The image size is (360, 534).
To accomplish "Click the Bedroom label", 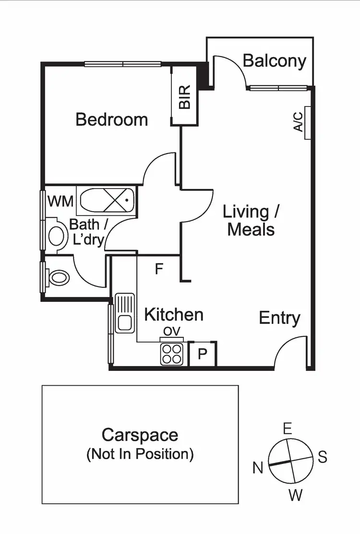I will point(111,119).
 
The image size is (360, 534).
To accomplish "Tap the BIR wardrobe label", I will point(185,97).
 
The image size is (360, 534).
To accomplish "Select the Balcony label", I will point(274,61).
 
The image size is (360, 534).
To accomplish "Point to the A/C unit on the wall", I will point(306,122).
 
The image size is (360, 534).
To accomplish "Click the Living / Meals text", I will point(251,220).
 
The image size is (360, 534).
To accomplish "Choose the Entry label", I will point(279,318).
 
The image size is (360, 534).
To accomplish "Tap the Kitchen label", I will point(174,315).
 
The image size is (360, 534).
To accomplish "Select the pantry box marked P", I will point(203,355).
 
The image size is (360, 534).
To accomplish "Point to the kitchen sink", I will point(124,313).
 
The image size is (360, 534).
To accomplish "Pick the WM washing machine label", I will point(60,201).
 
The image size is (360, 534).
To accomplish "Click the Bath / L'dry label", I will point(86,232).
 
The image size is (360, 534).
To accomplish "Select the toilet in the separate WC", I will point(59,277).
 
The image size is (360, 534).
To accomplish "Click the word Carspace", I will point(140,435).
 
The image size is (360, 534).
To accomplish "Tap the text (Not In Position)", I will point(140,454).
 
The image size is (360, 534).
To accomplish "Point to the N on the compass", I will point(258,468).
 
